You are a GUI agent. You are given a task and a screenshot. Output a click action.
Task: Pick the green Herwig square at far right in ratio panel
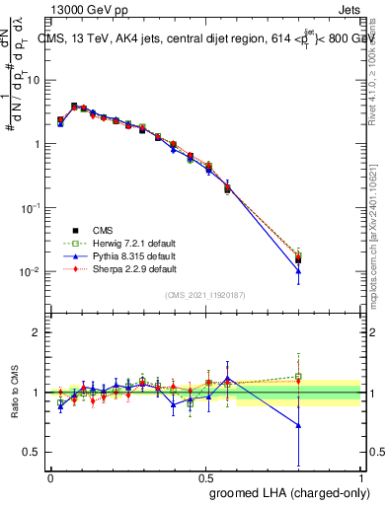tap(298, 376)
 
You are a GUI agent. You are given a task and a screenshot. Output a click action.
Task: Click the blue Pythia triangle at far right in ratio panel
tap(298, 425)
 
